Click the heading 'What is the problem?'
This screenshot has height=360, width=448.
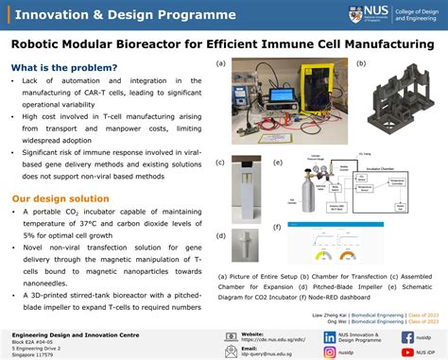pos(65,67)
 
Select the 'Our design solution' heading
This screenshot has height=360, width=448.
pos(60,173)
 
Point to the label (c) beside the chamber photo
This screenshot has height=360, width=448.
pos(220,163)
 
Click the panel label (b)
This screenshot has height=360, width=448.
pos(360,64)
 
